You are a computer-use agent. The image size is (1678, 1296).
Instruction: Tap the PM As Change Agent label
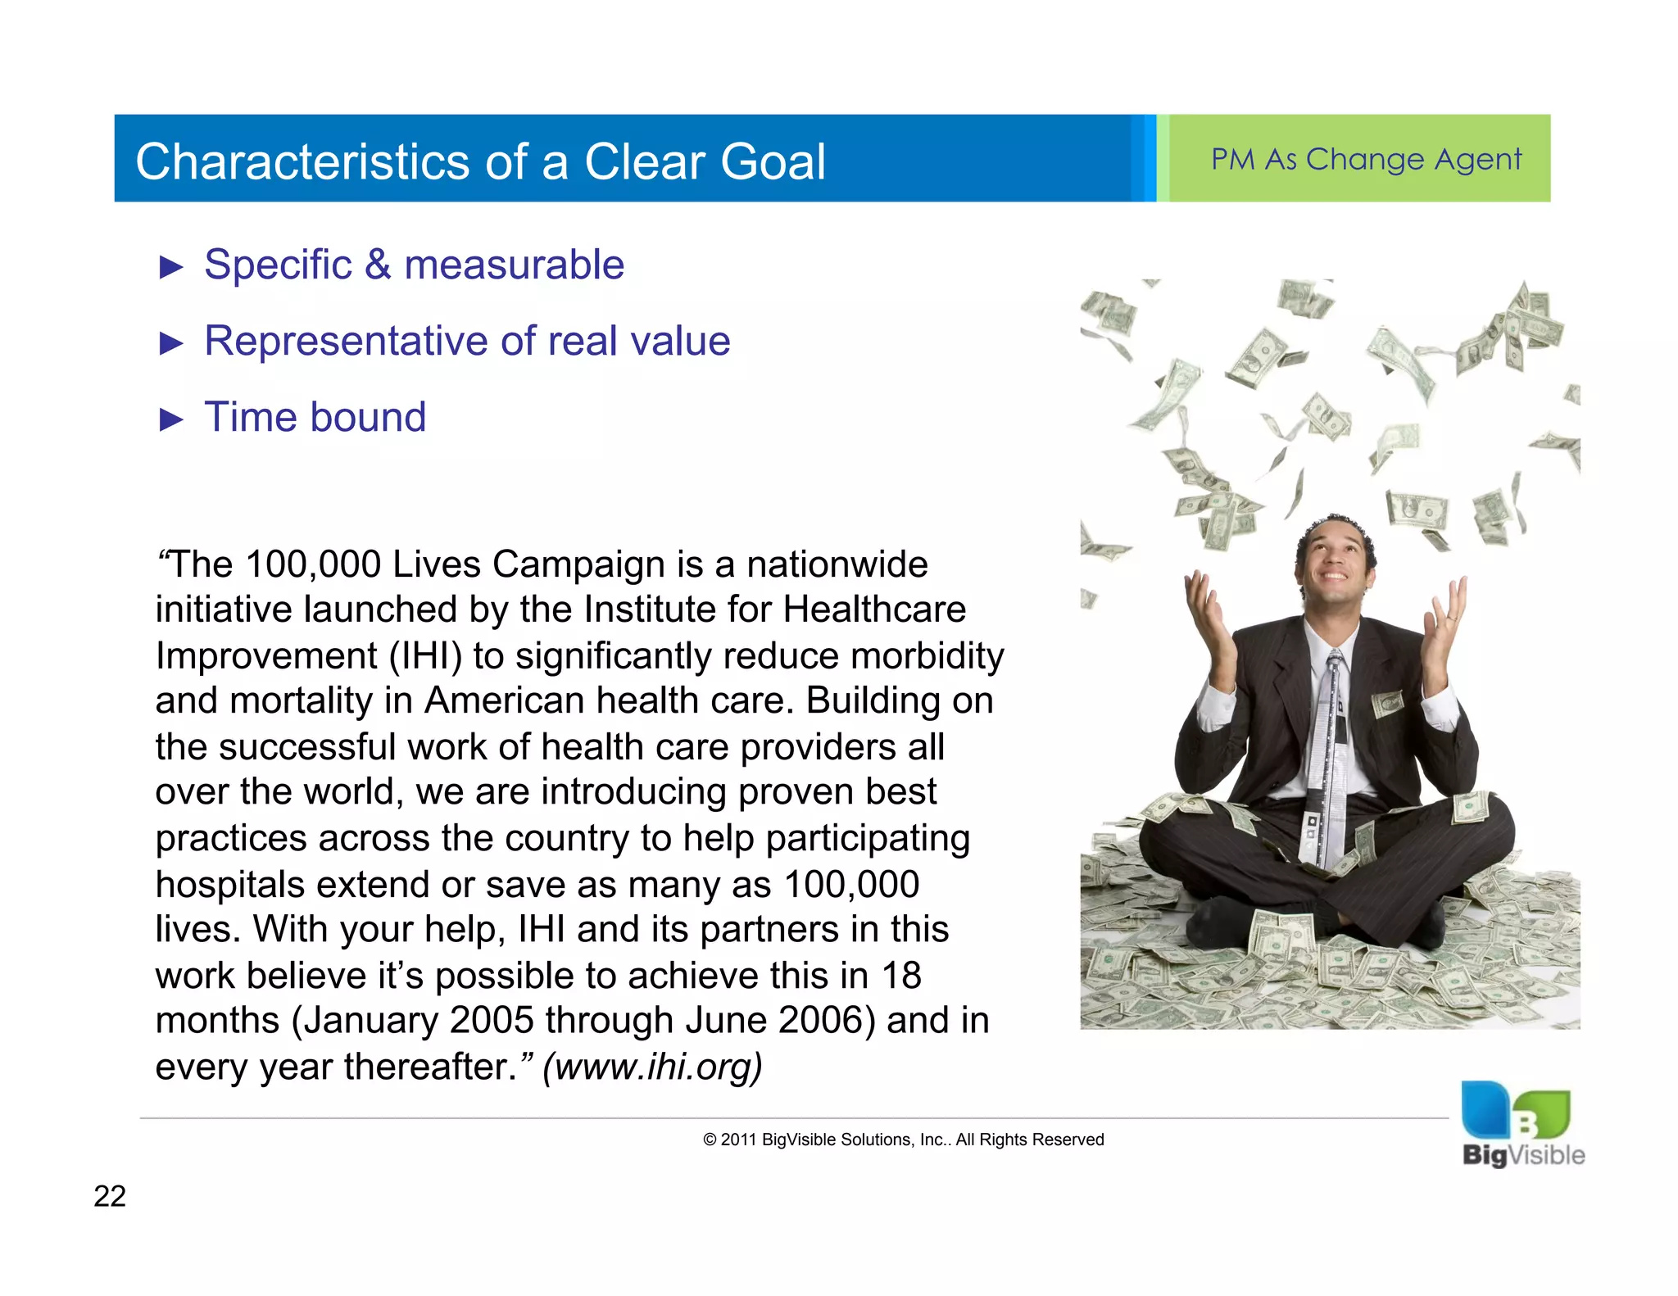click(1366, 159)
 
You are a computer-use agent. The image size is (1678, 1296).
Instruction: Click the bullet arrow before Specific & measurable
click(170, 267)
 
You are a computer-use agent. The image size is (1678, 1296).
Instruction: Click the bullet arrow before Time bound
click(170, 419)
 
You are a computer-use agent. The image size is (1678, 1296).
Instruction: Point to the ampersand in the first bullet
click(378, 265)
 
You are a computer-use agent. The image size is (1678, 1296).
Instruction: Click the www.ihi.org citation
click(652, 1067)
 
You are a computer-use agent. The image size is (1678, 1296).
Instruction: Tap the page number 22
click(110, 1196)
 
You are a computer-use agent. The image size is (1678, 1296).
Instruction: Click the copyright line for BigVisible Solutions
click(903, 1140)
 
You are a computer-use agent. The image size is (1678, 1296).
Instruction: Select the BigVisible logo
click(1522, 1125)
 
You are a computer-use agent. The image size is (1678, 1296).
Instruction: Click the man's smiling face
click(1335, 564)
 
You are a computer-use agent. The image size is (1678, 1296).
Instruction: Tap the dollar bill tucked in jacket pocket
click(1386, 703)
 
